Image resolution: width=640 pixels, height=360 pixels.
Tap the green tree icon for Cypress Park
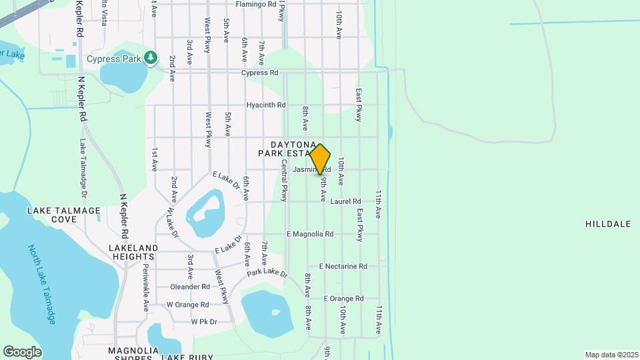click(x=152, y=58)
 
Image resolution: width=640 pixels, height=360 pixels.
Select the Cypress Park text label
click(x=114, y=59)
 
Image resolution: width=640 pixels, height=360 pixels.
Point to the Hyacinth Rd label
click(x=265, y=105)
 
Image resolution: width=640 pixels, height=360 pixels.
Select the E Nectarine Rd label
click(x=343, y=266)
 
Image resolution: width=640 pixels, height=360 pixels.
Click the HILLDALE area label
click(x=607, y=224)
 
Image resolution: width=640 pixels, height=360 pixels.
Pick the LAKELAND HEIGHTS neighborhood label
click(x=133, y=252)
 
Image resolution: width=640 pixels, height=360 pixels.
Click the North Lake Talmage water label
click(x=42, y=285)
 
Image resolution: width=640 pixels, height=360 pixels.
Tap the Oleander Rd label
click(x=190, y=287)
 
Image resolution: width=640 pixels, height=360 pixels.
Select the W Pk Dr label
click(x=204, y=321)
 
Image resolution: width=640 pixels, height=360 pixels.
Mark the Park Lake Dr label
click(x=267, y=273)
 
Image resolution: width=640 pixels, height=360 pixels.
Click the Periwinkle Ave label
click(x=145, y=287)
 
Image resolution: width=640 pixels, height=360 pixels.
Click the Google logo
click(x=22, y=352)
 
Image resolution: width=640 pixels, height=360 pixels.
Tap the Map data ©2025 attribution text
click(x=610, y=355)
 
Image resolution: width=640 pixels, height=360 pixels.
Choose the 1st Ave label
click(x=154, y=159)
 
